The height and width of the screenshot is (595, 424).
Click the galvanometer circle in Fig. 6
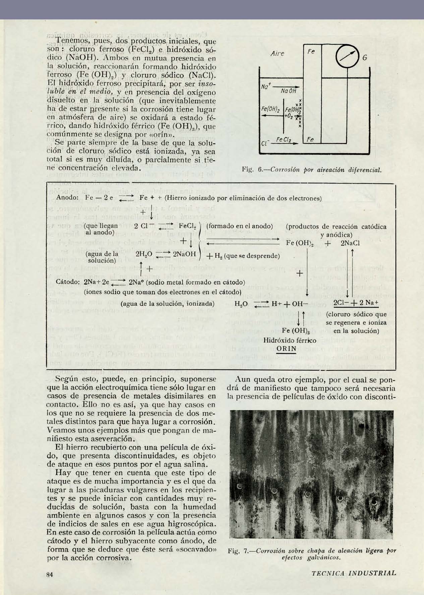coord(347,56)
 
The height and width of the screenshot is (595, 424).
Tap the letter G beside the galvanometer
coord(364,58)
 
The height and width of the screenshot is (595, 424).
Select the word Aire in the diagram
coord(277,54)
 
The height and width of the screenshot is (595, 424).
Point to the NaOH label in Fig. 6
coord(289,91)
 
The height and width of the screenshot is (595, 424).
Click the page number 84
coord(50,574)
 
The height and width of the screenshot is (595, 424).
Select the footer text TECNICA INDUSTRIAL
coord(354,573)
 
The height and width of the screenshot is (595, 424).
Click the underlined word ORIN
coord(286,348)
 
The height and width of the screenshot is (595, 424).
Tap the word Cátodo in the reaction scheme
coord(67,282)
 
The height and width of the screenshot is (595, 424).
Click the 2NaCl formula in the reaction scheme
coord(350,243)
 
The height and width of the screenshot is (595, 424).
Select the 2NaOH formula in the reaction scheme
coord(184,254)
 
